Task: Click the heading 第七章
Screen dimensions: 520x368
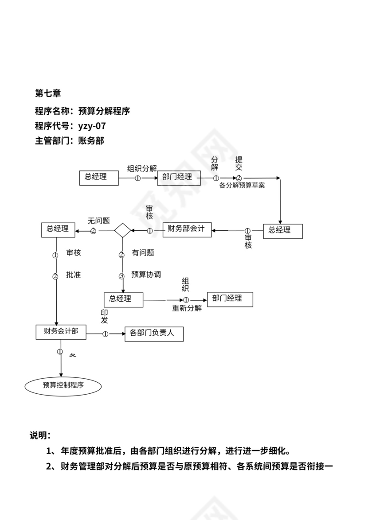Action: click(x=47, y=93)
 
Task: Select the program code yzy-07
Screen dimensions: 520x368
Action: click(x=92, y=126)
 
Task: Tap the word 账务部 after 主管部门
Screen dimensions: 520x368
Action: click(x=91, y=141)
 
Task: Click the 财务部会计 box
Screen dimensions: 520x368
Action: click(x=187, y=229)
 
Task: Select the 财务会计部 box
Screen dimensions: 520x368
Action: click(x=61, y=331)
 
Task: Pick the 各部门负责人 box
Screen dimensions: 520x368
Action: click(x=154, y=334)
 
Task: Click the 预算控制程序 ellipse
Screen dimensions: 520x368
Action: click(x=63, y=386)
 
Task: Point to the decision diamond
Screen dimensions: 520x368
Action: click(x=122, y=230)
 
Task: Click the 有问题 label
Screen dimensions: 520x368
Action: click(x=143, y=253)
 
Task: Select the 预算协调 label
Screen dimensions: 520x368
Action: click(x=146, y=275)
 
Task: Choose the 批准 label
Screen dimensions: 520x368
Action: click(x=73, y=275)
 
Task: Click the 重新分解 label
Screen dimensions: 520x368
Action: click(x=187, y=308)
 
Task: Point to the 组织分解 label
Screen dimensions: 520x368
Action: click(x=142, y=168)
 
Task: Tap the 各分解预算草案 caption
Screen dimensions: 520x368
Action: click(x=242, y=186)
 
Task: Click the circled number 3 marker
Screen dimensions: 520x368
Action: click(x=122, y=276)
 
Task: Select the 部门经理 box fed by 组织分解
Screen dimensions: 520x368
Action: click(x=178, y=177)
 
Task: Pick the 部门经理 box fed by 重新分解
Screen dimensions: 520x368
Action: click(x=230, y=299)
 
